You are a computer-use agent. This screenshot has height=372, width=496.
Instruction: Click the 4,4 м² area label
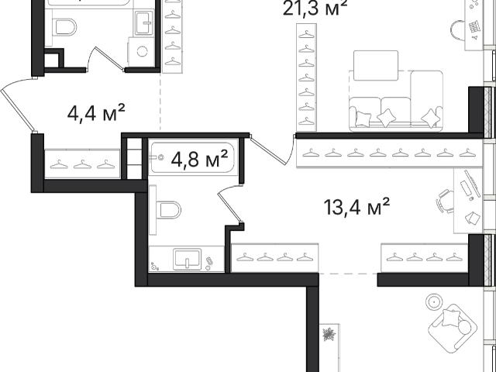(96, 112)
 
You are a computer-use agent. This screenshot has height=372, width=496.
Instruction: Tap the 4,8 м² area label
(199, 158)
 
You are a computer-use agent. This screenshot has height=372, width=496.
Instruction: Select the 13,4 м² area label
(356, 207)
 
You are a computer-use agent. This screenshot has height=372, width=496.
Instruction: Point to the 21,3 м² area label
(315, 8)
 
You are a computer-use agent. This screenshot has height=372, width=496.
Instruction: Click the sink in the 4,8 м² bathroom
(187, 260)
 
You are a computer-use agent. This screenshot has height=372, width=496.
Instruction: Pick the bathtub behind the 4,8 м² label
(192, 158)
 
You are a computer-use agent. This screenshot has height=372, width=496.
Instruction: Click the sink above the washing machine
(145, 22)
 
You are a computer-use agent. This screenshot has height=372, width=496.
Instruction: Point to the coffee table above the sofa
(376, 65)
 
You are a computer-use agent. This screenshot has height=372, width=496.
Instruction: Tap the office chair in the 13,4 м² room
(444, 201)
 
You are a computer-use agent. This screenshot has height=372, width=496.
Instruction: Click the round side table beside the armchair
(434, 302)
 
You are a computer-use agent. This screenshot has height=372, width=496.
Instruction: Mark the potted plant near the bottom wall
(329, 334)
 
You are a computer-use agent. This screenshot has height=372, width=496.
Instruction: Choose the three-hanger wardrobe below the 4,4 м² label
(82, 164)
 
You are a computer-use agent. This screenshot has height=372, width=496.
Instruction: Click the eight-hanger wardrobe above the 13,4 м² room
(389, 153)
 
